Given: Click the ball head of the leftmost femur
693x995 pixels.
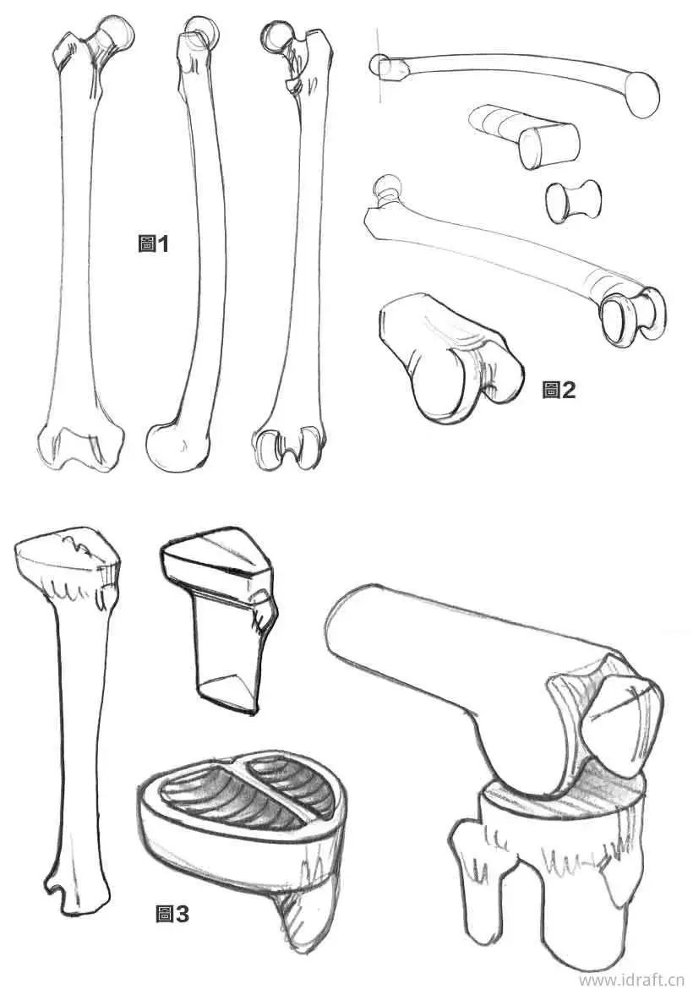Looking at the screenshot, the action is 115,35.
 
